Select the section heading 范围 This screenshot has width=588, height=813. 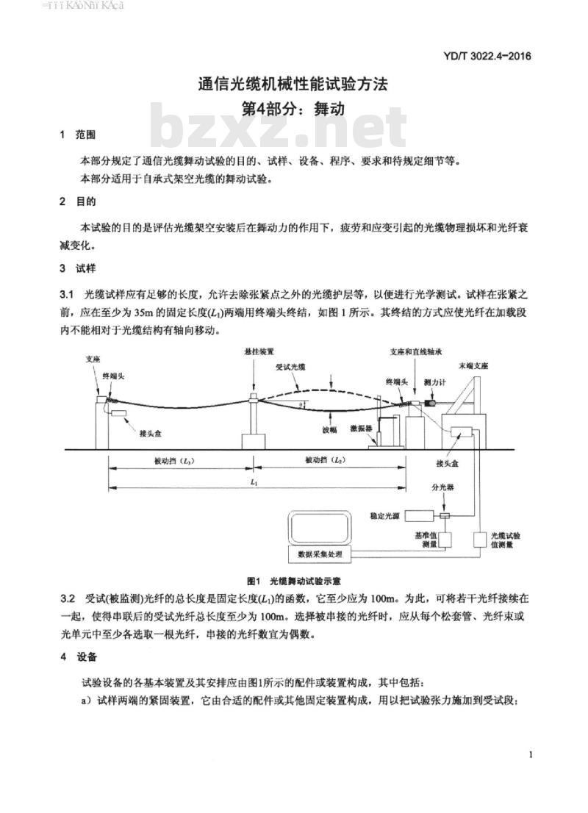tap(85, 136)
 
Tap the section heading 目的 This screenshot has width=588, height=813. tap(85, 201)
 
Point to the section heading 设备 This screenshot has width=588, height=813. tap(85, 656)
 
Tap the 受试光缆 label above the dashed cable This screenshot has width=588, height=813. tap(290, 365)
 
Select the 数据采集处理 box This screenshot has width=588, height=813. tap(318, 553)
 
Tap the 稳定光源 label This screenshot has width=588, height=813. tap(384, 517)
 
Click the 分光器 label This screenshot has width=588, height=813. tap(444, 487)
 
